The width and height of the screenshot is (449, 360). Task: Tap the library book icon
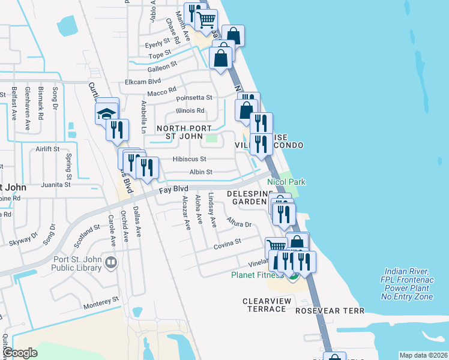110,262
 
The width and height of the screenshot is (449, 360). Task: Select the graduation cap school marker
105,113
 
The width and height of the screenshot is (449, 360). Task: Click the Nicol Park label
286,182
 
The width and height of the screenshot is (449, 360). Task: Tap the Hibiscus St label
189,159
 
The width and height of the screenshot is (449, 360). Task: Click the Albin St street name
200,172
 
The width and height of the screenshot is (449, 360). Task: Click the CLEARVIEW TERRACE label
267,304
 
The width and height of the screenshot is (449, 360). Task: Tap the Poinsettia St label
193,97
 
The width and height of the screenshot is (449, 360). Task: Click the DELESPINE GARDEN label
247,197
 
